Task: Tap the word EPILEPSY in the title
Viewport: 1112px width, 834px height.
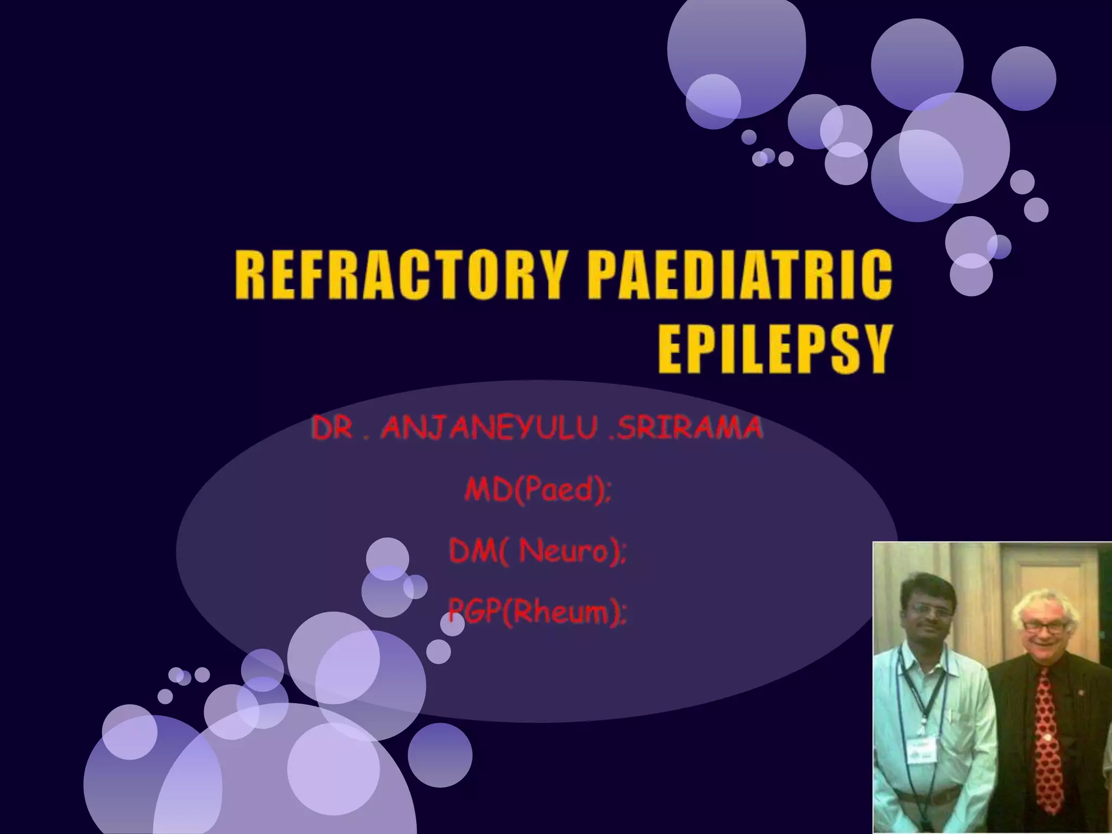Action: (775, 349)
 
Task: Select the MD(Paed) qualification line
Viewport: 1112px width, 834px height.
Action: (538, 490)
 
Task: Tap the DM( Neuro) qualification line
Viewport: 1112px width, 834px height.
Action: (538, 552)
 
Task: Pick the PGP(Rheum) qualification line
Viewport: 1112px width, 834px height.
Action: (538, 614)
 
